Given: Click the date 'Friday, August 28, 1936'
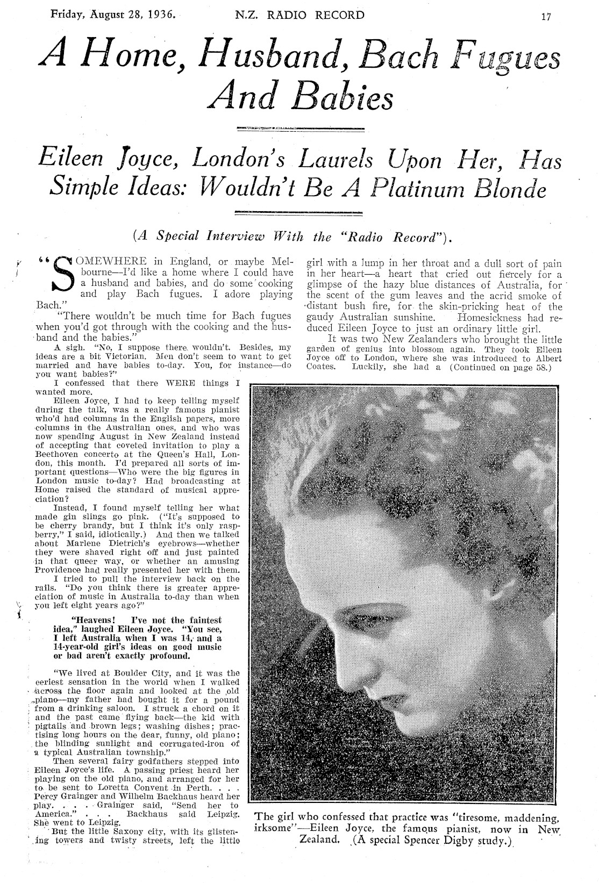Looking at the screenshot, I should (x=112, y=15).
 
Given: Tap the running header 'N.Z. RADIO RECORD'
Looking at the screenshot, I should (x=300, y=15).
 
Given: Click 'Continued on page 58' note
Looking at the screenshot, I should (x=497, y=368).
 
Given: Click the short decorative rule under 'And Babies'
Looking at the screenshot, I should (x=300, y=128).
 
